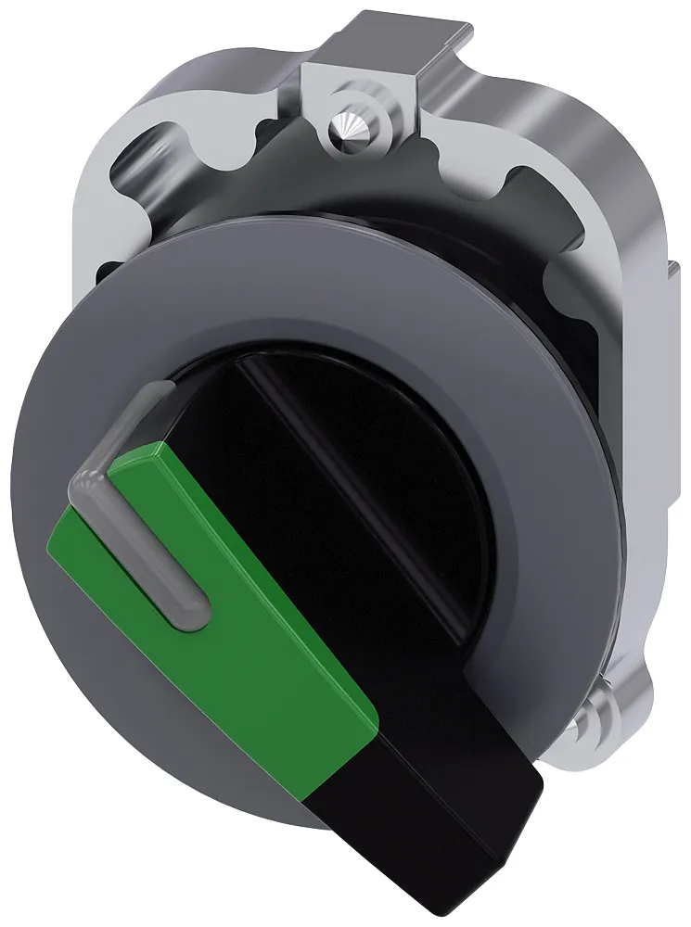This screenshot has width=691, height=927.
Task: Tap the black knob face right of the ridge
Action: tap(408, 463)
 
